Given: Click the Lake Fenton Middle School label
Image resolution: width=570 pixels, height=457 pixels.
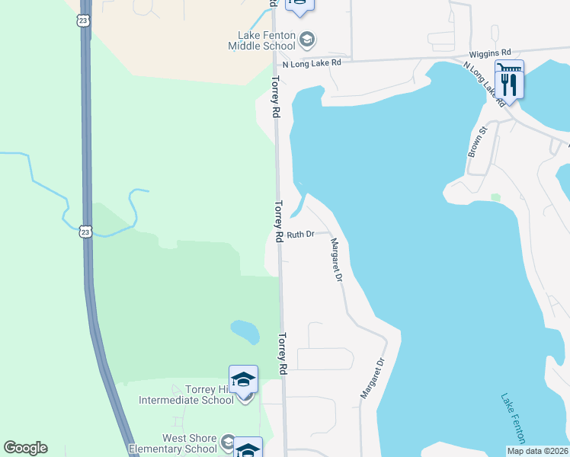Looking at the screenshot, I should pyautogui.click(x=262, y=40).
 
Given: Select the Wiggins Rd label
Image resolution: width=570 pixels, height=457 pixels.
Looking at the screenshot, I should pyautogui.click(x=490, y=53).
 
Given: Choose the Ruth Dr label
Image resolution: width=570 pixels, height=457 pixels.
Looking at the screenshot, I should pyautogui.click(x=300, y=235).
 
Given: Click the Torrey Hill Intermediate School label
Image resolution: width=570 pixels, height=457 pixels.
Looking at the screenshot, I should pyautogui.click(x=187, y=395).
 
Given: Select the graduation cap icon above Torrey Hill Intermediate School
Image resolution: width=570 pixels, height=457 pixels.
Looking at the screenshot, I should pyautogui.click(x=243, y=379).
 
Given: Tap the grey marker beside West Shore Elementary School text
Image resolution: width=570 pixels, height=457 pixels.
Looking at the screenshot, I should pyautogui.click(x=227, y=443).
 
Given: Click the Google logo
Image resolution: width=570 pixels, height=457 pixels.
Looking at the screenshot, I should pyautogui.click(x=25, y=448).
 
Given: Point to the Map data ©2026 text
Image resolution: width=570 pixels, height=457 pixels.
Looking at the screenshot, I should pyautogui.click(x=537, y=451).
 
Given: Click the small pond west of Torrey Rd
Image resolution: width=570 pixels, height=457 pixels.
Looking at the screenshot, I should pyautogui.click(x=245, y=331).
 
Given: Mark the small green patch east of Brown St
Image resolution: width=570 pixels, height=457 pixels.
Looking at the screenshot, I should pyautogui.click(x=496, y=197).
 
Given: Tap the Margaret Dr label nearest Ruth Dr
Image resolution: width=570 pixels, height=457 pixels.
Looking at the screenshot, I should pyautogui.click(x=335, y=260).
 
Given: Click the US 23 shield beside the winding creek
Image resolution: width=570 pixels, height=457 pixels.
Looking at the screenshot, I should pyautogui.click(x=85, y=231).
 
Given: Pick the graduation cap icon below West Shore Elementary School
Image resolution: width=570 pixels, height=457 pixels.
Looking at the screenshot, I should pyautogui.click(x=248, y=449).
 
